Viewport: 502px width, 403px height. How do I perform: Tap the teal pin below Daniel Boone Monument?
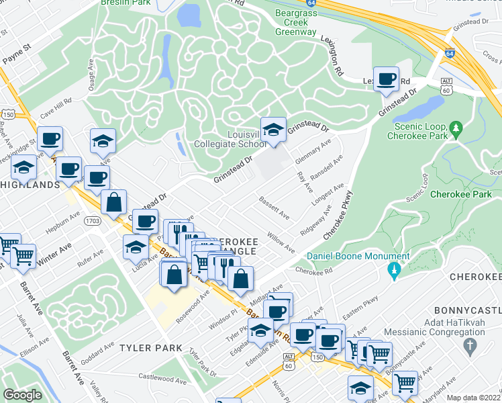click(x=394, y=271)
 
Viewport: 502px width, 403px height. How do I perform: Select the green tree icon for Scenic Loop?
click(x=456, y=128)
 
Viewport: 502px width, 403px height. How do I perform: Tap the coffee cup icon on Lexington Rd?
click(x=387, y=79)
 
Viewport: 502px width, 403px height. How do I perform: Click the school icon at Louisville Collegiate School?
click(x=272, y=130)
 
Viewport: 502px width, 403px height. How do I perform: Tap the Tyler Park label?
click(x=151, y=348)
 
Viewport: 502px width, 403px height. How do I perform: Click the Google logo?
click(x=22, y=395)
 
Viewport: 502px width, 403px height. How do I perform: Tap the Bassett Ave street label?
click(x=274, y=208)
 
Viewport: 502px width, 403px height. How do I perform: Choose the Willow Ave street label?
click(x=281, y=242)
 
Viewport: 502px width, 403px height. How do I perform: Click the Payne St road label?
click(x=18, y=51)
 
